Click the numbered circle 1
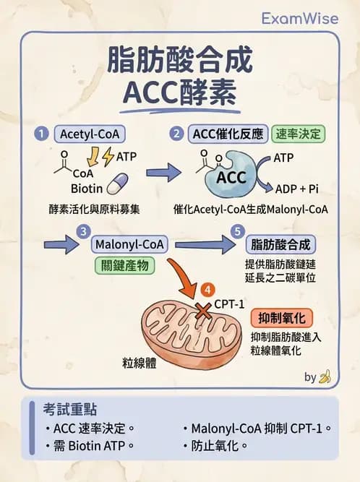pyautogui.click(x=43, y=134)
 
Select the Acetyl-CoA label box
pyautogui.click(x=89, y=134)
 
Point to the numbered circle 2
pyautogui.click(x=176, y=134)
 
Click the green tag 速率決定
pyautogui.click(x=299, y=134)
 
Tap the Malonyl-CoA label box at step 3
pyautogui.click(x=131, y=244)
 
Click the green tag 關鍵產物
pyautogui.click(x=124, y=266)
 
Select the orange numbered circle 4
pyautogui.click(x=208, y=291)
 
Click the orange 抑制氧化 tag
pyautogui.click(x=281, y=319)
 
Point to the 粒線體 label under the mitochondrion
pyautogui.click(x=140, y=362)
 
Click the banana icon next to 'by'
pyautogui.click(x=325, y=376)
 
